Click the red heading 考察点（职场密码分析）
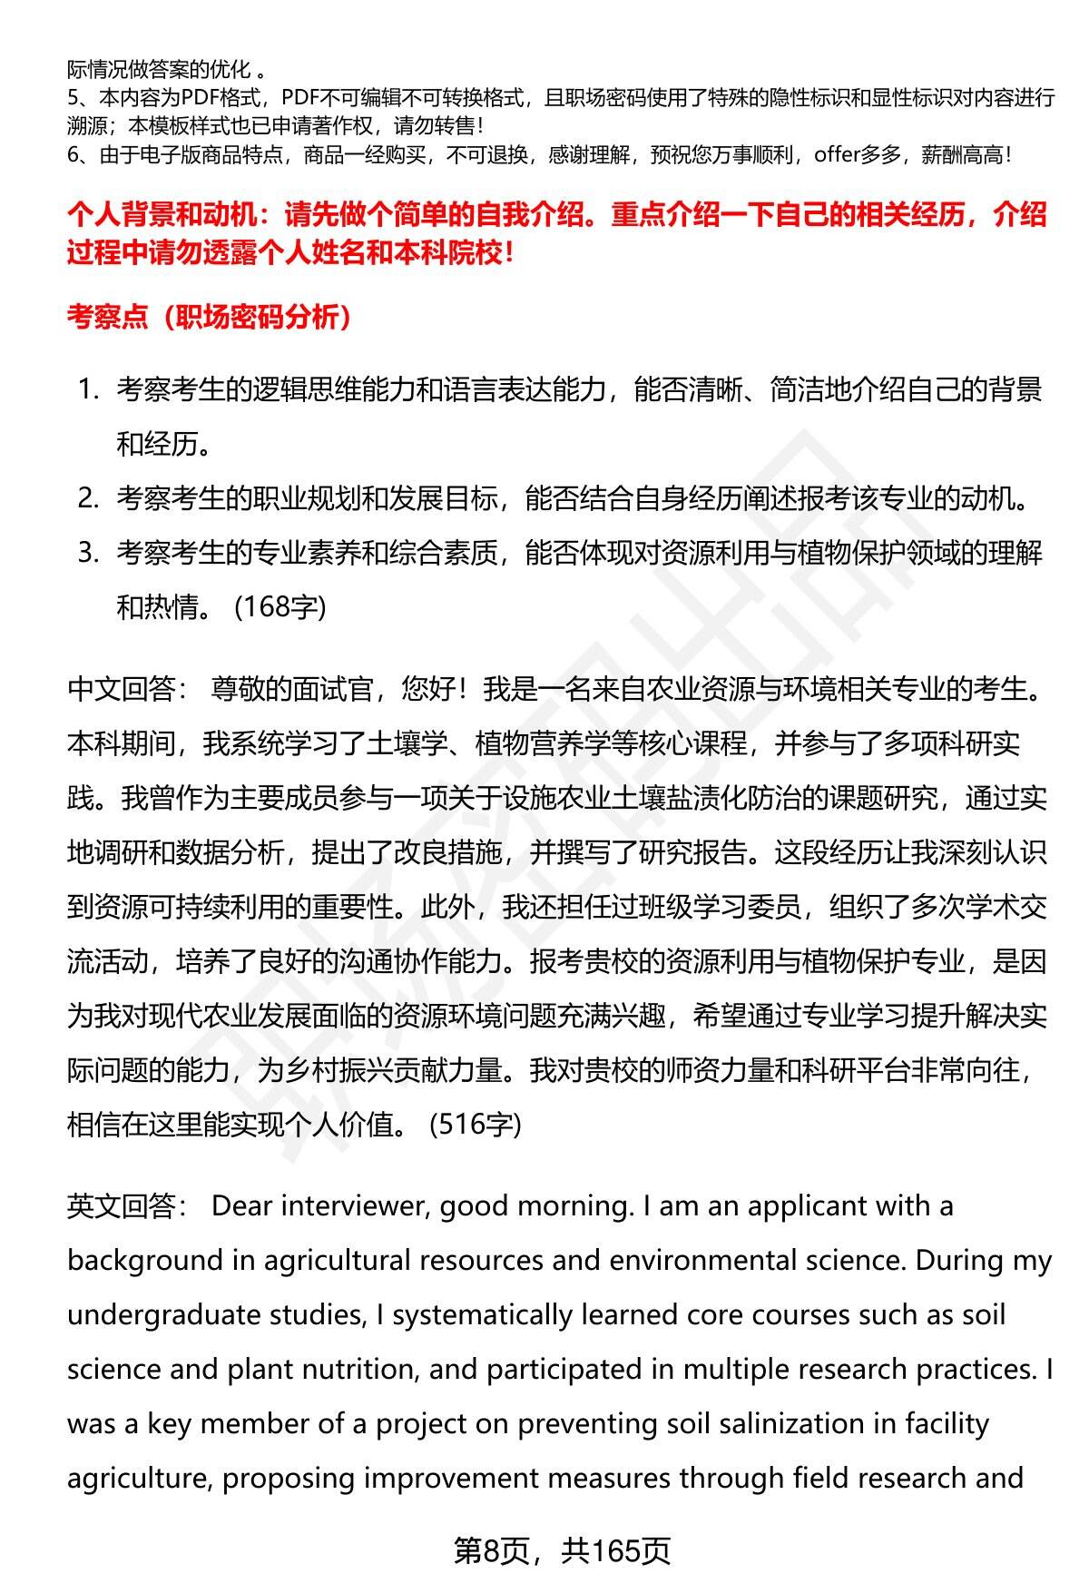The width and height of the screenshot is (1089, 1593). click(210, 318)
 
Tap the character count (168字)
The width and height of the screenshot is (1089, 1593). click(280, 606)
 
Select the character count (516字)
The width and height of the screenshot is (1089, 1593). click(476, 1125)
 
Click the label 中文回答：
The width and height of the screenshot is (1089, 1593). click(127, 689)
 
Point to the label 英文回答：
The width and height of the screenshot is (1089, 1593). click(127, 1205)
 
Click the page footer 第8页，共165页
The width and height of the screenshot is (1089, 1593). click(562, 1550)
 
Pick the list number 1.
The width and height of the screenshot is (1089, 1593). click(87, 390)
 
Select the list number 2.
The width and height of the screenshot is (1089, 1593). click(87, 498)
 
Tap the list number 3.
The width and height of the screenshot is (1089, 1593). click(87, 553)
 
